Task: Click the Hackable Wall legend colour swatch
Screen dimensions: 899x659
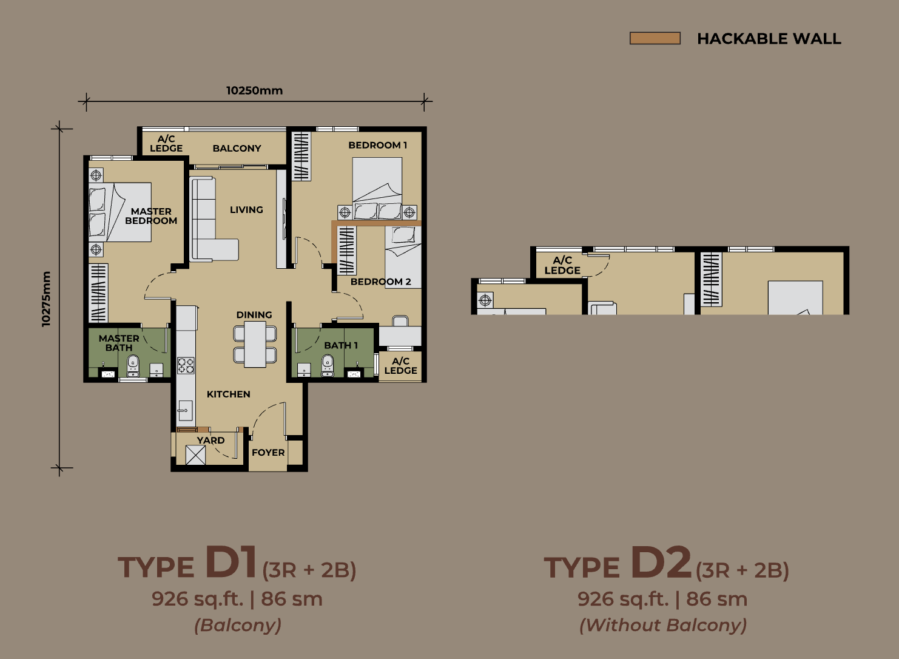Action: pyautogui.click(x=655, y=38)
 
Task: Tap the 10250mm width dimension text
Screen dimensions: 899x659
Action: pyautogui.click(x=254, y=90)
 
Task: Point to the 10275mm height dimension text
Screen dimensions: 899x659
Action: pyautogui.click(x=46, y=299)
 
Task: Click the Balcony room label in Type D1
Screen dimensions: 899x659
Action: pyautogui.click(x=237, y=148)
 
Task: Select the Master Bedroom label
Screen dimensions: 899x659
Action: pyautogui.click(x=151, y=216)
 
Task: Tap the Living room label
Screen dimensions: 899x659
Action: pyautogui.click(x=246, y=209)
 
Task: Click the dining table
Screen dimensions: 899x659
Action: pyautogui.click(x=255, y=345)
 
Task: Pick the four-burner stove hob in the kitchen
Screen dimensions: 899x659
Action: pyautogui.click(x=186, y=365)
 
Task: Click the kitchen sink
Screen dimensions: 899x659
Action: pyautogui.click(x=186, y=410)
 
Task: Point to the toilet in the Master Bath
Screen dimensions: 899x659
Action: pyautogui.click(x=133, y=366)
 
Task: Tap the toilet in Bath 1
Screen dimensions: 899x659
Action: pyautogui.click(x=328, y=366)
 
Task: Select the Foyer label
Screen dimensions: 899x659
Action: pyautogui.click(x=268, y=453)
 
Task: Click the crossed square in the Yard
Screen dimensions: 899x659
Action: pyautogui.click(x=195, y=455)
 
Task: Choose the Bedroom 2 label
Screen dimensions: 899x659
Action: pyautogui.click(x=381, y=282)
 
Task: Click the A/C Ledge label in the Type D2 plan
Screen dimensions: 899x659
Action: pyautogui.click(x=562, y=265)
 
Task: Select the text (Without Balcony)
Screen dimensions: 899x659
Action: pyautogui.click(x=663, y=625)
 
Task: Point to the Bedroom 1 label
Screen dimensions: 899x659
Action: pyautogui.click(x=378, y=145)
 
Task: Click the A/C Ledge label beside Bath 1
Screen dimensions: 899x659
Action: pyautogui.click(x=400, y=366)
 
